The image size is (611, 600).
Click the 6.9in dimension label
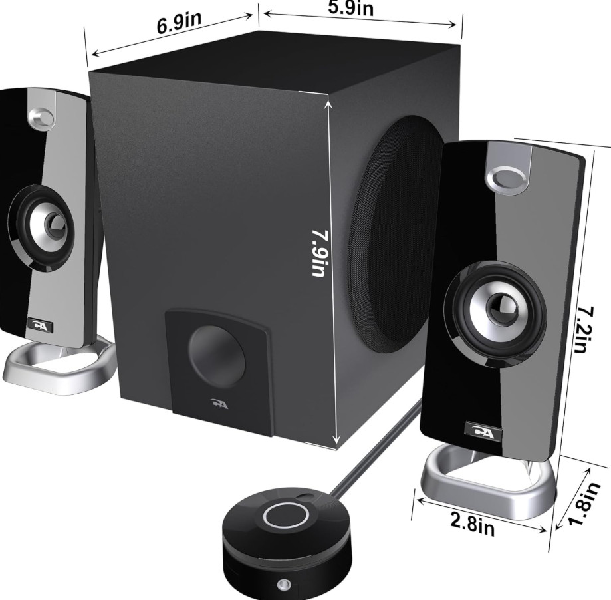point(180,23)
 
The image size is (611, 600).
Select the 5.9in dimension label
point(350,8)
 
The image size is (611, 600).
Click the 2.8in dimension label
point(473,524)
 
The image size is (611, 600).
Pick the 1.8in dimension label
point(583,503)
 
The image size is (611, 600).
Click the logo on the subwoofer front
point(220,404)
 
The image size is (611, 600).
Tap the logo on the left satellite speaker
point(40,325)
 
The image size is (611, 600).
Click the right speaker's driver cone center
point(501,305)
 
